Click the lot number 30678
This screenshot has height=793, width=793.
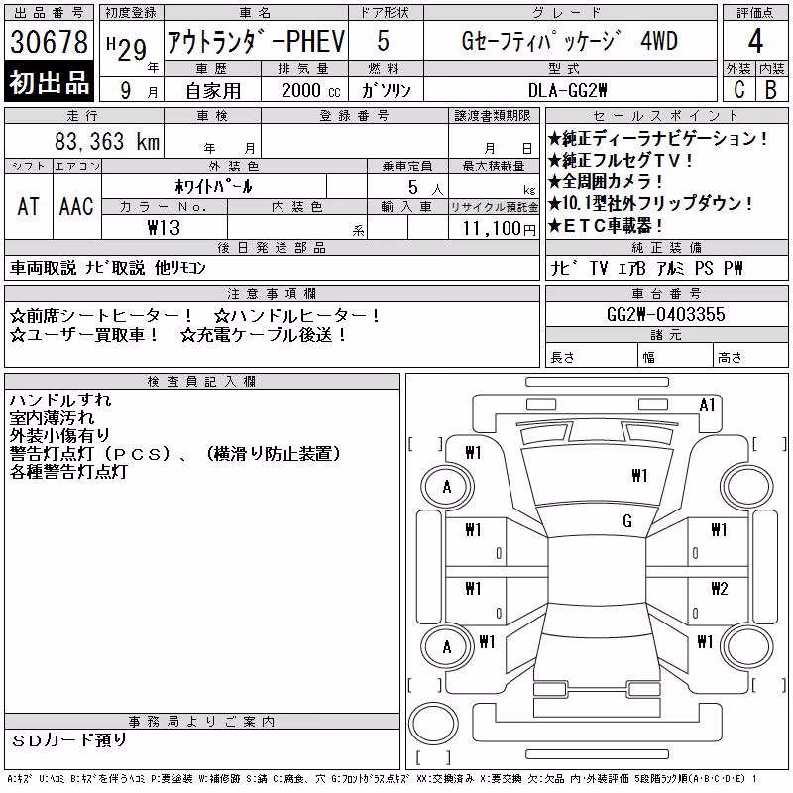49,41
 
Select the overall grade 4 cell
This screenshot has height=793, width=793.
755,41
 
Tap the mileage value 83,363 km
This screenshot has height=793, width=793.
107,141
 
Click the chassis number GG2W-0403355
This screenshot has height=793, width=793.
665,314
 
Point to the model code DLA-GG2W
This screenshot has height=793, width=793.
567,90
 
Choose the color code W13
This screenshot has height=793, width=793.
164,228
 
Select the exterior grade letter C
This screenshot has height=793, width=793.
738,90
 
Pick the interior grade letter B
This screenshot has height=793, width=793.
771,90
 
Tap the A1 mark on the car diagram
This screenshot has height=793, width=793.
707,405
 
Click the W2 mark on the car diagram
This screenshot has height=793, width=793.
720,588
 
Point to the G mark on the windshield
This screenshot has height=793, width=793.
627,521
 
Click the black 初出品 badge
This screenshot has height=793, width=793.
49,81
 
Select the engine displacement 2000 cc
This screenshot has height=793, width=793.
310,90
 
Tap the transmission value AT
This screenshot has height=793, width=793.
28,206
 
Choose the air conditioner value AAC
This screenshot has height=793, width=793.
76,206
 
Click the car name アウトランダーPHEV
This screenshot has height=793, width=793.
256,41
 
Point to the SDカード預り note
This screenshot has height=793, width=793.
69,739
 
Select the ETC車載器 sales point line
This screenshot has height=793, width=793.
605,225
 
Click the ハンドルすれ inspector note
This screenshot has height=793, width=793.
60,400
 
